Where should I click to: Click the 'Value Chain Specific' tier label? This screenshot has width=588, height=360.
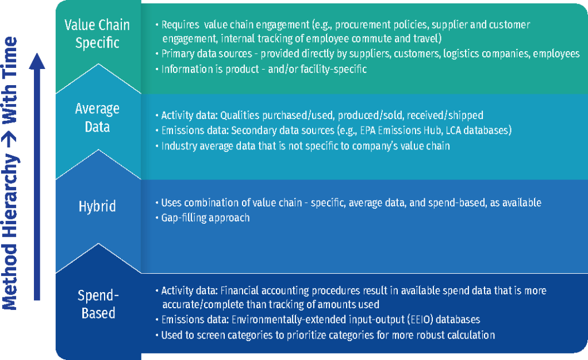(97, 34)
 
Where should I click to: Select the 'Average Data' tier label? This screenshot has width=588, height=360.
(97, 117)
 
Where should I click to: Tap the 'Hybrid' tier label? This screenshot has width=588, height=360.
(97, 206)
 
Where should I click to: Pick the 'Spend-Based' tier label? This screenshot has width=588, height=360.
(98, 304)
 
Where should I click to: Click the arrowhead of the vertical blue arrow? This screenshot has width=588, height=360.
(37, 61)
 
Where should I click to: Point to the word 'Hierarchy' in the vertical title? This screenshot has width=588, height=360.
(10, 195)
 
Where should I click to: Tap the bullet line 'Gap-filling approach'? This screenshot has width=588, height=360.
(205, 218)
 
